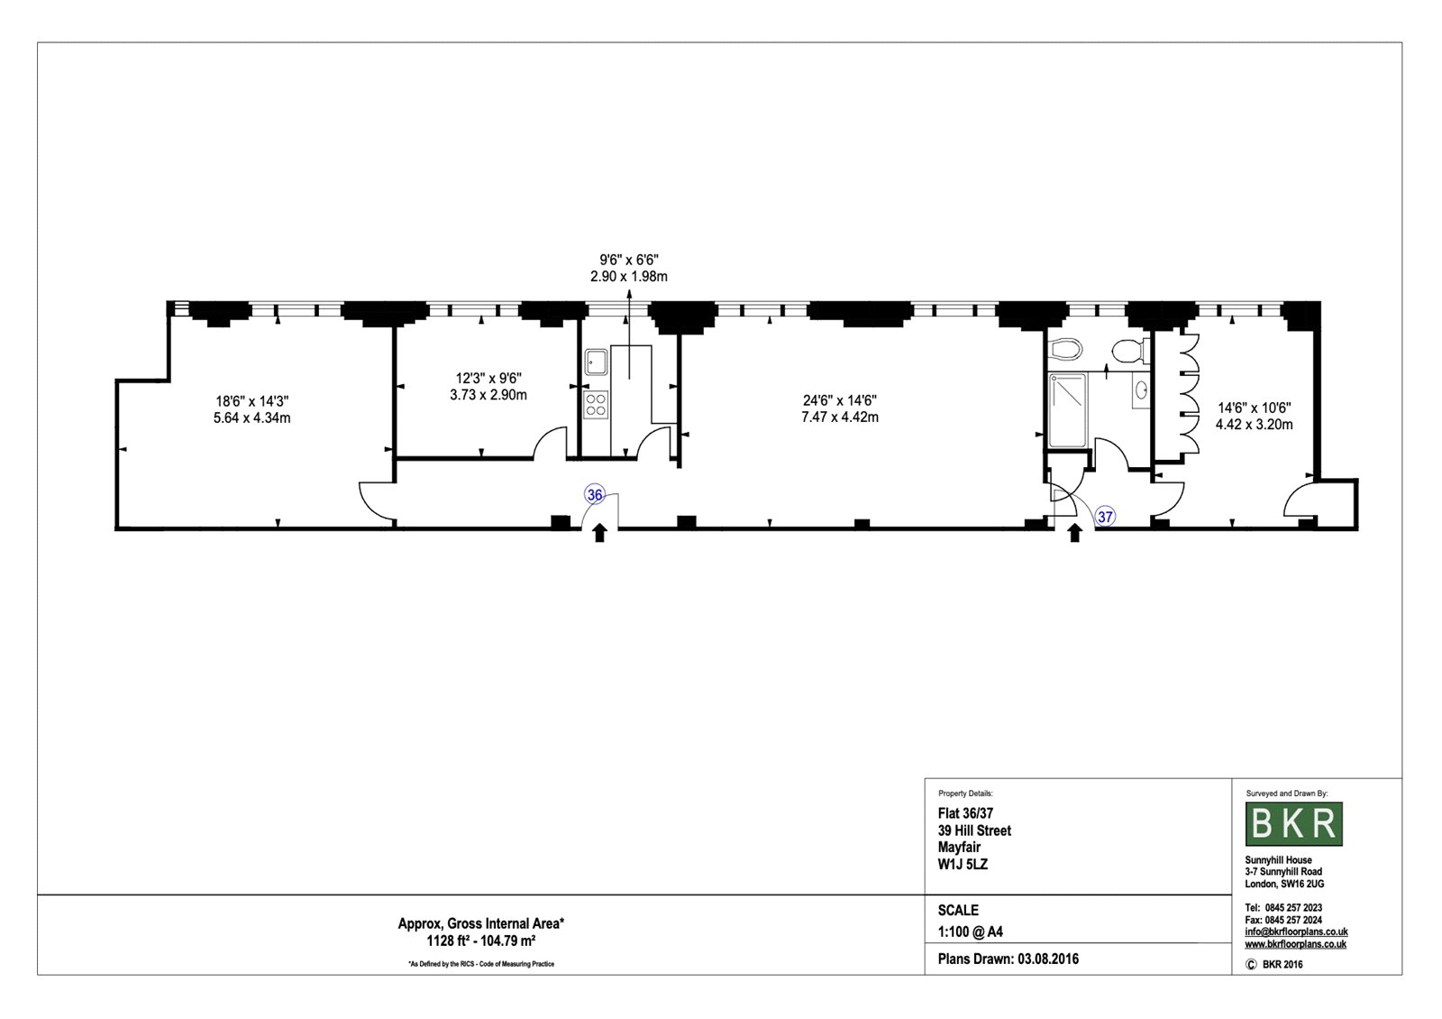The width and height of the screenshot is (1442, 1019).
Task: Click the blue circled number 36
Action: pos(594,495)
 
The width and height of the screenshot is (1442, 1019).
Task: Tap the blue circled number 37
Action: pos(1105,517)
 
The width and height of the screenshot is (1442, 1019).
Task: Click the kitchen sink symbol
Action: pos(596,362)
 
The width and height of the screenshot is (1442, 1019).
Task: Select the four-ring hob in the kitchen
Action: pos(596,405)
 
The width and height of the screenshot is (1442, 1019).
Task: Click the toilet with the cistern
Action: pos(1129,352)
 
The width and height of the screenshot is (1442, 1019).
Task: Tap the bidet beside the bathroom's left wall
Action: pos(1065,351)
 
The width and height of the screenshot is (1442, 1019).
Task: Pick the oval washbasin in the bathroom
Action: pos(1141,390)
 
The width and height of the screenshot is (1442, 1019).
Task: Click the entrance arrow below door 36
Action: pos(599,533)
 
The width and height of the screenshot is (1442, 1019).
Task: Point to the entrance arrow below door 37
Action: pos(1074,533)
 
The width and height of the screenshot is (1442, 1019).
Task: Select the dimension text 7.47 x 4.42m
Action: pos(839,418)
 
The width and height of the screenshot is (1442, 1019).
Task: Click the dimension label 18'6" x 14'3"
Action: pos(251,401)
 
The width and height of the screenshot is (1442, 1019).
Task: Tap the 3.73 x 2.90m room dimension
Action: pos(488,395)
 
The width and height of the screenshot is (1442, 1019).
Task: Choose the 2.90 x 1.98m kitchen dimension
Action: pos(629,276)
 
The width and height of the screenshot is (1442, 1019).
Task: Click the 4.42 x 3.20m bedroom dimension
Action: pos(1254,425)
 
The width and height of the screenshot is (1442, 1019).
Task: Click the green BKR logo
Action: pos(1294,824)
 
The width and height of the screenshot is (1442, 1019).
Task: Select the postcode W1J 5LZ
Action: pos(963,865)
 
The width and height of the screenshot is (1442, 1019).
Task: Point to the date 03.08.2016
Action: pos(1048,959)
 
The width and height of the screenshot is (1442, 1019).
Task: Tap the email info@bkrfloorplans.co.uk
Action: pos(1296,932)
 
